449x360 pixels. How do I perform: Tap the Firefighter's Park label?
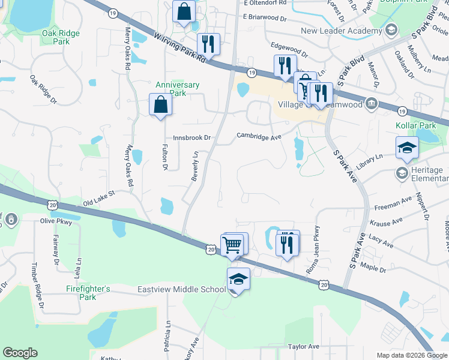[88, 293]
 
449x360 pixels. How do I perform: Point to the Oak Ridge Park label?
[61, 37]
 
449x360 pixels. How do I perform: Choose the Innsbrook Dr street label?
[192, 137]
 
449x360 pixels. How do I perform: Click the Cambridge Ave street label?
[259, 137]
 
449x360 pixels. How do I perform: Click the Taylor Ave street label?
[304, 346]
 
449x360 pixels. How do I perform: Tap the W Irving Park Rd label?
[180, 49]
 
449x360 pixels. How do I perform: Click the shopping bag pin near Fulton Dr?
[161, 105]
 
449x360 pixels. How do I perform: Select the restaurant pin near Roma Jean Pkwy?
[288, 244]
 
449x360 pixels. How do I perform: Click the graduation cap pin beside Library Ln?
[407, 148]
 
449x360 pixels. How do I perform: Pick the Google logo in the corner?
[20, 353]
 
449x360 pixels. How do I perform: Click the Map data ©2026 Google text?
[411, 355]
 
